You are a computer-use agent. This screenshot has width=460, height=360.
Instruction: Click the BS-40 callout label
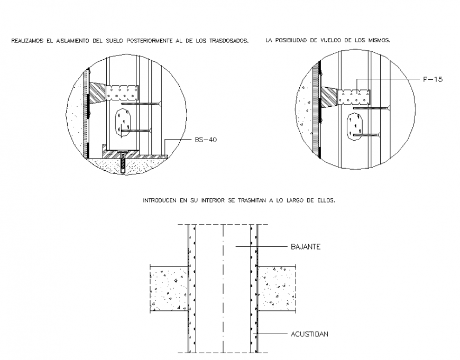pyautogui.click(x=206, y=140)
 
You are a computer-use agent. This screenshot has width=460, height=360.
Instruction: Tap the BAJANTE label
pyautogui.click(x=306, y=246)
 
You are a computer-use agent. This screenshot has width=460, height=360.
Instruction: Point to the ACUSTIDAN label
pyautogui.click(x=310, y=334)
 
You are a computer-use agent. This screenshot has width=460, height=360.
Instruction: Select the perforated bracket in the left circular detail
pyautogui.click(x=123, y=93)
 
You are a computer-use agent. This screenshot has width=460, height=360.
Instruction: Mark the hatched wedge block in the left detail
pyautogui.click(x=97, y=94)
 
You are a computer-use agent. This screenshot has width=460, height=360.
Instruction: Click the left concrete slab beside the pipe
pyautogui.click(x=168, y=289)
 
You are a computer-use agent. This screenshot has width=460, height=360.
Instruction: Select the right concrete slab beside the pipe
pyautogui.click(x=277, y=289)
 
